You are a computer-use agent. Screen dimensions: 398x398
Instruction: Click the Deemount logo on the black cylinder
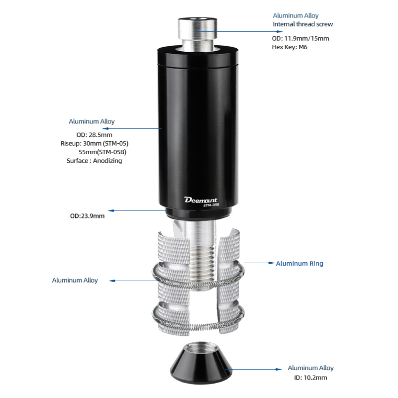click(x=201, y=200)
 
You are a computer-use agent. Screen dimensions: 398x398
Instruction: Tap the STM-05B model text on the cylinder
click(x=211, y=205)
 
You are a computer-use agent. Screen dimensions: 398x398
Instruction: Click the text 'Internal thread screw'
click(x=303, y=24)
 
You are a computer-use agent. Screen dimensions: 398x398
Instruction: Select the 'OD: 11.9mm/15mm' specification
click(x=300, y=39)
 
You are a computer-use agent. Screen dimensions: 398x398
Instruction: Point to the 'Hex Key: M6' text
click(x=290, y=47)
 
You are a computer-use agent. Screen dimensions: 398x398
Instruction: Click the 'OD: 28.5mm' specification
click(x=95, y=135)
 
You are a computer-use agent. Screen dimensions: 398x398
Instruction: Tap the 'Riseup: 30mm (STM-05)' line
click(x=95, y=144)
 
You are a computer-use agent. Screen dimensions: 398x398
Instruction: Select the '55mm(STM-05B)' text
click(x=102, y=152)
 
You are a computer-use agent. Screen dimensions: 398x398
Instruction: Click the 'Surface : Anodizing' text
click(x=95, y=161)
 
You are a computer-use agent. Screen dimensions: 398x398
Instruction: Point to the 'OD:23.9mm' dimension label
click(x=88, y=216)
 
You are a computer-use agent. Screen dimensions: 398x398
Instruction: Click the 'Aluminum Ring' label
click(x=299, y=264)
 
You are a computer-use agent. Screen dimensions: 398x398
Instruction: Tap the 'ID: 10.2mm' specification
click(x=310, y=378)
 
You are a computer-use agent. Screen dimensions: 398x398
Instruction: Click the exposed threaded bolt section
click(x=202, y=262)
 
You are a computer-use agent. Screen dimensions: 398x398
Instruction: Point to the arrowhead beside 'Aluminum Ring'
click(x=272, y=263)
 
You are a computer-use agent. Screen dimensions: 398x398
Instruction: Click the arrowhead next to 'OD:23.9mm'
click(x=111, y=210)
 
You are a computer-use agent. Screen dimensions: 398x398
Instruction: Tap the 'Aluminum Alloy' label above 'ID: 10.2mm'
click(x=310, y=368)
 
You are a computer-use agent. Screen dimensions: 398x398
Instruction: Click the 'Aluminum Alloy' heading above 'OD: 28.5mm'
click(x=92, y=121)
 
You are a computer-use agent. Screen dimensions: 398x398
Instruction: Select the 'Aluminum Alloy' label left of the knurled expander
click(x=75, y=280)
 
